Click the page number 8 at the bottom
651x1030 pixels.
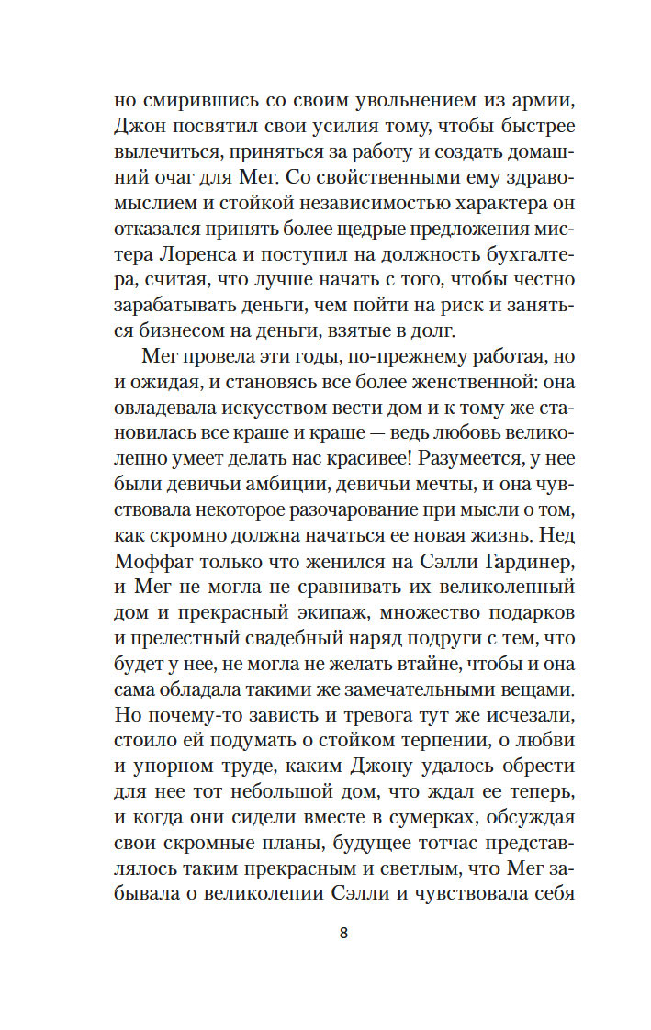click(343, 934)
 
